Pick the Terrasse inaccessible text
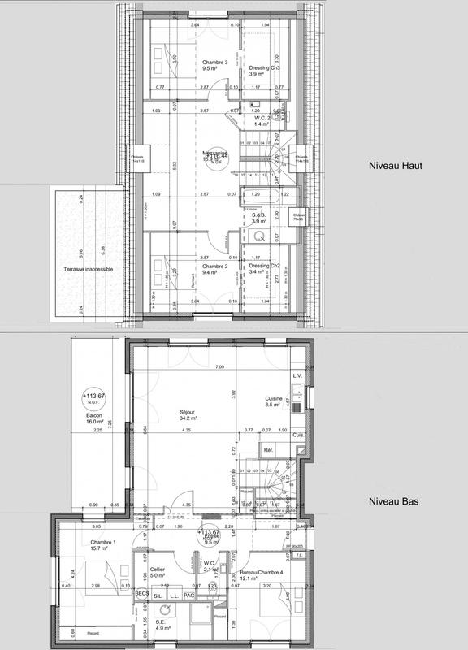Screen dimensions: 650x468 [x=87, y=268]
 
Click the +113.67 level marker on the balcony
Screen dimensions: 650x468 [x=94, y=397]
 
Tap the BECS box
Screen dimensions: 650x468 [x=141, y=593]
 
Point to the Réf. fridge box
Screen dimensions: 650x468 [x=266, y=448]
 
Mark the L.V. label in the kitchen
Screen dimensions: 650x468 [x=297, y=376]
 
